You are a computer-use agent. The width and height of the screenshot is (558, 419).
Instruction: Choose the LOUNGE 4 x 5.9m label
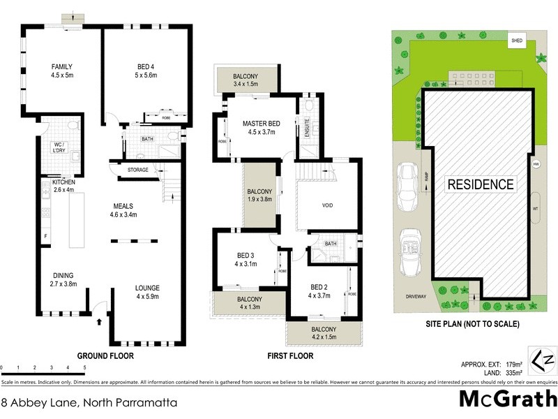147,292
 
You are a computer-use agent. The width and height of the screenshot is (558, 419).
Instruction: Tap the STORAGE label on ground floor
137,170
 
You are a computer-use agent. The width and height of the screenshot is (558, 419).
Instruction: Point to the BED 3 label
246,260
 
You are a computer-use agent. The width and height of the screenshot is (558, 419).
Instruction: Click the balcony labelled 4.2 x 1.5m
324,333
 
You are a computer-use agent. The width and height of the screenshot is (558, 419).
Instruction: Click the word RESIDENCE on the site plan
481,185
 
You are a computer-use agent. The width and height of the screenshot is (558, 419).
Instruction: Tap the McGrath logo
507,399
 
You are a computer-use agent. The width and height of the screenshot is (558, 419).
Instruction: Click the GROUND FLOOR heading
105,355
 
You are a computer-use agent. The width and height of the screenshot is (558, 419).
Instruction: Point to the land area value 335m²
500,374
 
